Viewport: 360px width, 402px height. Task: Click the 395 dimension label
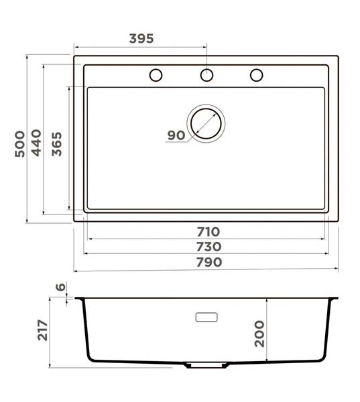click(141, 38)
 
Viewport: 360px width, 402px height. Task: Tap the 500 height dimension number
click(19, 144)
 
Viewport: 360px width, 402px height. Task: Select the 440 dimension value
click(36, 143)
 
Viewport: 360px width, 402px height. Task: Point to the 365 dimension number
click(57, 144)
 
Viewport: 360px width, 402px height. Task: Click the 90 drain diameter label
click(176, 135)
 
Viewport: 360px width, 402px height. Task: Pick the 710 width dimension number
click(208, 232)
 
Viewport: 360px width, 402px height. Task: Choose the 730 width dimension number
click(208, 247)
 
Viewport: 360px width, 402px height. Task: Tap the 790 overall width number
click(209, 262)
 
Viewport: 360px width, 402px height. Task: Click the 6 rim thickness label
click(61, 287)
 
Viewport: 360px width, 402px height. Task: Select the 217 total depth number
click(43, 330)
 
